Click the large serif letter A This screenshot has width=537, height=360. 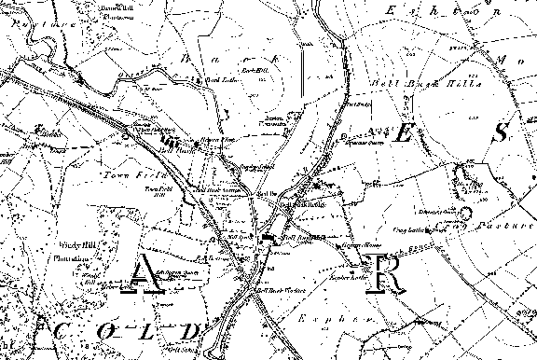click(x=145, y=276)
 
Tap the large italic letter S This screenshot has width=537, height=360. click(x=500, y=132)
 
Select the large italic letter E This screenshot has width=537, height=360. click(x=403, y=132)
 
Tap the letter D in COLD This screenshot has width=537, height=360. click(x=191, y=331)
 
